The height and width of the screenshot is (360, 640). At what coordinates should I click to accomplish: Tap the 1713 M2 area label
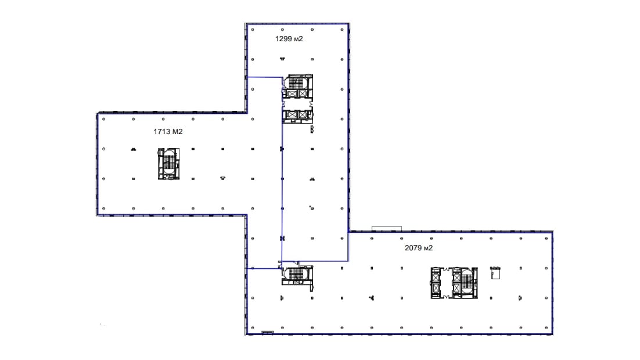[168, 131]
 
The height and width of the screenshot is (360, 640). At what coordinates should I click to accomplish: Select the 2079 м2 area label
[418, 248]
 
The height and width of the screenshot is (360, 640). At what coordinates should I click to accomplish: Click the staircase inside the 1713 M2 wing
[168, 163]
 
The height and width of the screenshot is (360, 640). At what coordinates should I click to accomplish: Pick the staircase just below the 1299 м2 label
[297, 82]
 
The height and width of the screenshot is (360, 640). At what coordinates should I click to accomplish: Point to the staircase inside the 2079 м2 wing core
[466, 282]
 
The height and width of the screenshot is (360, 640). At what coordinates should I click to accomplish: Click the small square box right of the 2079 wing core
[495, 273]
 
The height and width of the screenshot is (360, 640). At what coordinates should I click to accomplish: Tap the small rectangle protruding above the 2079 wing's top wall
[387, 228]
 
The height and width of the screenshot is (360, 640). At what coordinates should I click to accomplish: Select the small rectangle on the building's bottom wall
[267, 333]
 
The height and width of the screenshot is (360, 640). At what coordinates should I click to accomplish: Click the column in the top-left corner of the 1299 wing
[253, 30]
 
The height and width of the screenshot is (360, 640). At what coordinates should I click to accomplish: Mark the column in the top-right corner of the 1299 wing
[342, 30]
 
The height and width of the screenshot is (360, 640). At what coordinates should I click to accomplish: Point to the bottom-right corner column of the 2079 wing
[546, 327]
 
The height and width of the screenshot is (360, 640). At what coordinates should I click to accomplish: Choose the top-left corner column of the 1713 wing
[104, 119]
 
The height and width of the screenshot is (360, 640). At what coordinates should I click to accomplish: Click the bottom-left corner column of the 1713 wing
[104, 208]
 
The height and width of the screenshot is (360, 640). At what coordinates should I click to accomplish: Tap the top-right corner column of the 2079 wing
[546, 239]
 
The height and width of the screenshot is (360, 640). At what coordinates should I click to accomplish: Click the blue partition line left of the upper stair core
[264, 77]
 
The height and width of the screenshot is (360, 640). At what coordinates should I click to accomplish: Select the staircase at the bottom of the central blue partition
[297, 274]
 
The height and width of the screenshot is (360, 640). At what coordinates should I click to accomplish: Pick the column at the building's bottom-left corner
[253, 327]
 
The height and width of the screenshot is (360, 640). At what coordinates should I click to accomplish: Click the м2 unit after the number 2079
[428, 248]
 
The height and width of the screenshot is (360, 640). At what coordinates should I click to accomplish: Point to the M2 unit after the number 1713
[178, 131]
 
